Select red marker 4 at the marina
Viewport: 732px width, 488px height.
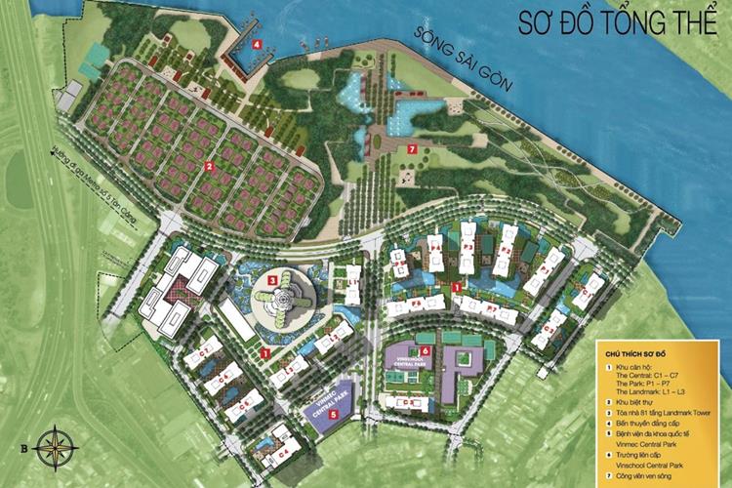coord(257,44)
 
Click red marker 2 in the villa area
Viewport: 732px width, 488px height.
coord(209,165)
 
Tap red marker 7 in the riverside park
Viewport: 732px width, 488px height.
coord(412,149)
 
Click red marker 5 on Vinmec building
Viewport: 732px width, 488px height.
coord(334,414)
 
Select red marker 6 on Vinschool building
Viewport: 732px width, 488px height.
coord(426,349)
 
